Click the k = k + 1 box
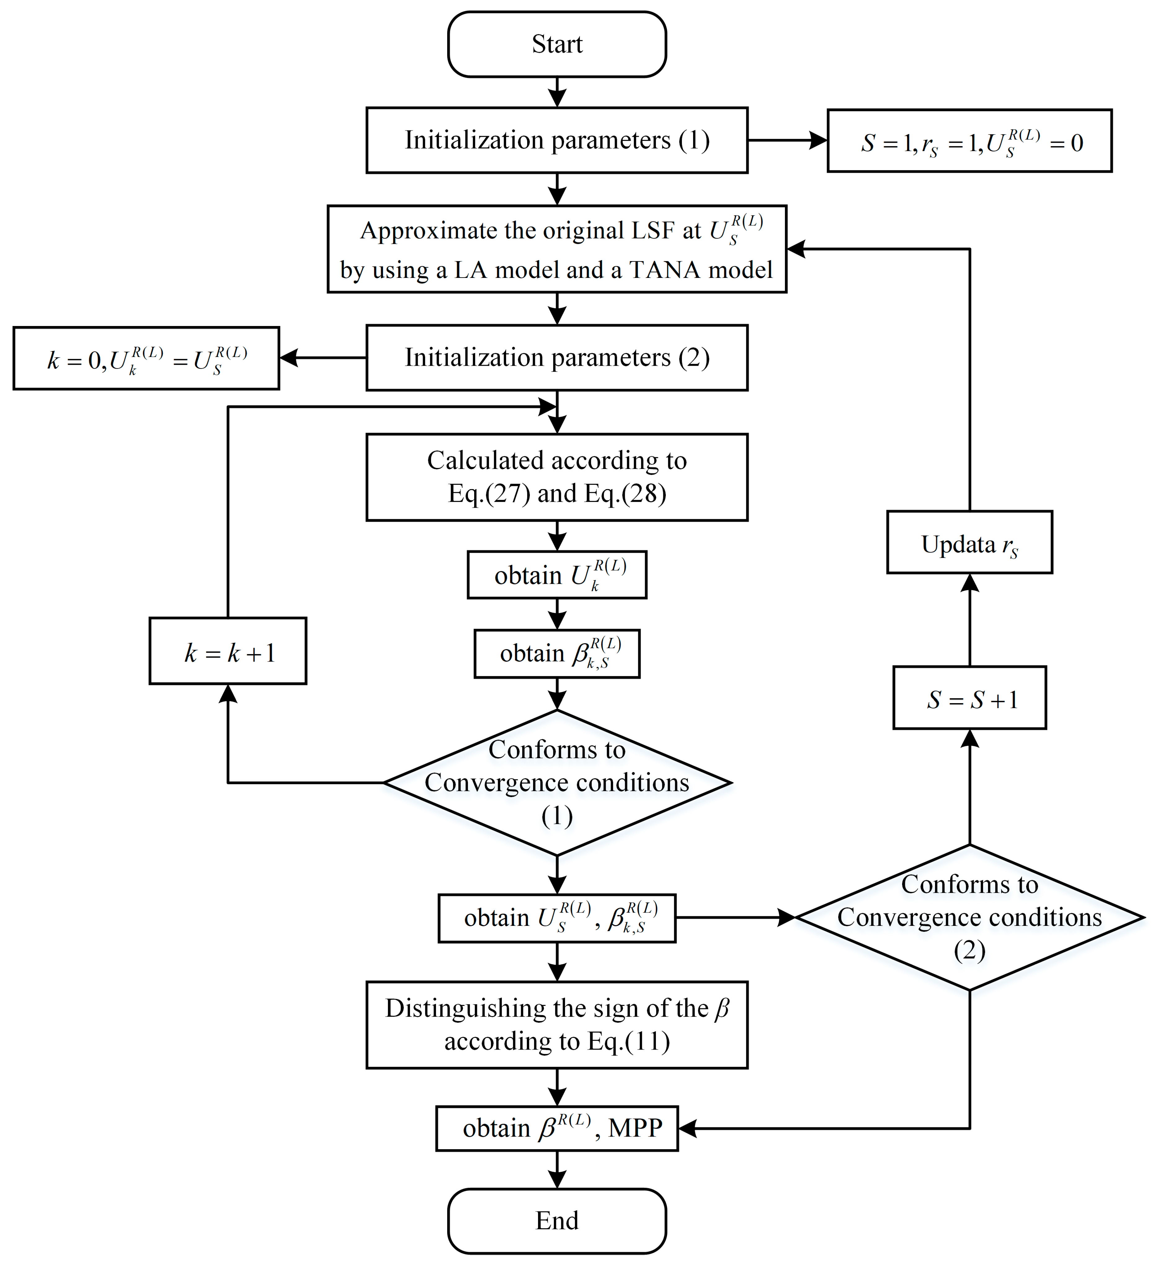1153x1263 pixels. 228,652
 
